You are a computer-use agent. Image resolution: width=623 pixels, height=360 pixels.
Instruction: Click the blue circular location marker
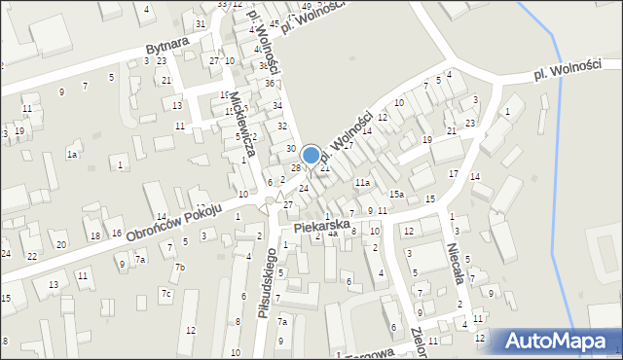[311, 155]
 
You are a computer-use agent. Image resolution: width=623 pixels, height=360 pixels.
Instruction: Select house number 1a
[72, 155]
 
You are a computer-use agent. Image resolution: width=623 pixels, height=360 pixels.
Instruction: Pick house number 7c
[166, 293]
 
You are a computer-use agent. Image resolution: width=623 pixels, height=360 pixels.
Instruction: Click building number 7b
[179, 268]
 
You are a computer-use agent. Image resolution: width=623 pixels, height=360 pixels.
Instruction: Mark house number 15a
[397, 195]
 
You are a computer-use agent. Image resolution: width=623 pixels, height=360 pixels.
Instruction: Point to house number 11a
[362, 182]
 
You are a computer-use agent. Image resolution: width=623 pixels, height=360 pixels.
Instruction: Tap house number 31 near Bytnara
[201, 23]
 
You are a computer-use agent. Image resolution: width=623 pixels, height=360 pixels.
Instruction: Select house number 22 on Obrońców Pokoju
[31, 256]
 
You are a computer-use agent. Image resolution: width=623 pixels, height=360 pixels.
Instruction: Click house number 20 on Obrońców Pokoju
[61, 244]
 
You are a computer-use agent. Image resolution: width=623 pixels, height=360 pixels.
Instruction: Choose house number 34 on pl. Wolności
[277, 105]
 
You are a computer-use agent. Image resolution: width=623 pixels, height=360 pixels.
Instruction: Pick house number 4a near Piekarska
[333, 234]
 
